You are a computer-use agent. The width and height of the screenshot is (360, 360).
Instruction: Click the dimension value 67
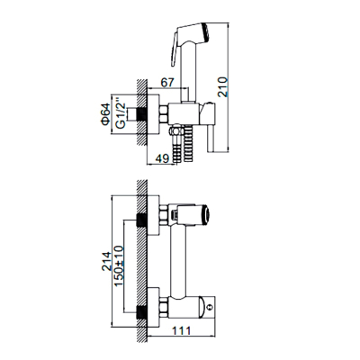click(167, 82)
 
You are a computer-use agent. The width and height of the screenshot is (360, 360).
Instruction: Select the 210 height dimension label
click(223, 87)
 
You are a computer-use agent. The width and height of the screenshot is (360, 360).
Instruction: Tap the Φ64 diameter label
click(105, 114)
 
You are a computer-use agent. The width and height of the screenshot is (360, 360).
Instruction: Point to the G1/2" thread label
click(121, 112)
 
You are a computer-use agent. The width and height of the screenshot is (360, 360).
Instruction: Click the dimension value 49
click(163, 158)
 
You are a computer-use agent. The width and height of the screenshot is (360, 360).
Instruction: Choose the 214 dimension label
click(106, 261)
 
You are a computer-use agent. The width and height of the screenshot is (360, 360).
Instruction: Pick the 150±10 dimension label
click(119, 265)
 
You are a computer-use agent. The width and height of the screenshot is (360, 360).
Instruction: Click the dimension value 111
click(181, 331)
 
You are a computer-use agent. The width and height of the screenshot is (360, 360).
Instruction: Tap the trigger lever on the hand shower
click(174, 49)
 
